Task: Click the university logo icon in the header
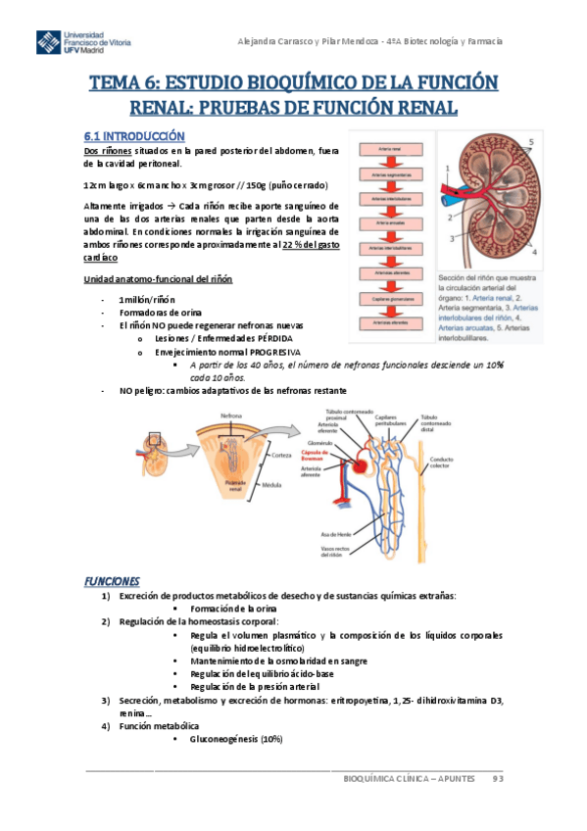(48, 42)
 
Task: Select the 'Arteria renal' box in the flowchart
(389, 149)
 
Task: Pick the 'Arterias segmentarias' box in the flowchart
(389, 174)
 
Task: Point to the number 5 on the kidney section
(532, 142)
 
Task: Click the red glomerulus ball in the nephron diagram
(364, 458)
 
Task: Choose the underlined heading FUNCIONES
(112, 581)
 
